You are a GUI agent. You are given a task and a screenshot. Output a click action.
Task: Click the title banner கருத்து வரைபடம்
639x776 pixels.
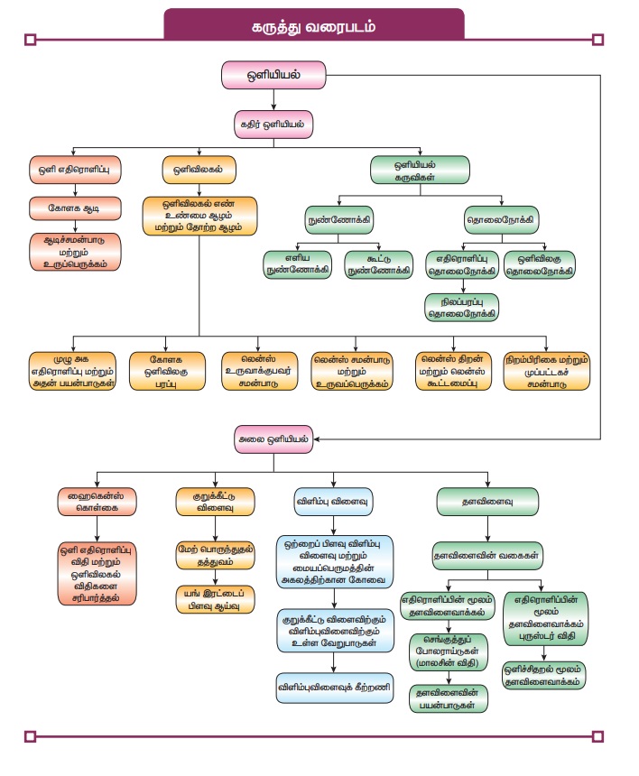313,25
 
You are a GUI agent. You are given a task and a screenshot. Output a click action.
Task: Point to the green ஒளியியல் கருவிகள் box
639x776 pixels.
421,169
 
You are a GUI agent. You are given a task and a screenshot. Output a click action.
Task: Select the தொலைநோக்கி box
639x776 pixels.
500,219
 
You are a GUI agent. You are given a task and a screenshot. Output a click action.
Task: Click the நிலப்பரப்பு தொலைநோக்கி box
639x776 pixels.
462,307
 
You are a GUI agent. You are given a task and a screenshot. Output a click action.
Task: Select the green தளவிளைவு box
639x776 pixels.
487,500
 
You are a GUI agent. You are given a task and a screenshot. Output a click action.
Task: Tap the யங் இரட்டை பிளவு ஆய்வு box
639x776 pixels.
215,599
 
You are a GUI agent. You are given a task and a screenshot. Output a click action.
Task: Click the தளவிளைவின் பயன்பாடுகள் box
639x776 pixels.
449,700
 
